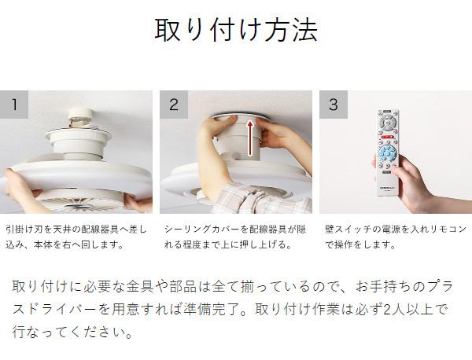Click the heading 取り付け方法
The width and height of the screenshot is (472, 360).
click(x=236, y=30)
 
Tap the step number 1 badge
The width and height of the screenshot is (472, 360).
click(x=14, y=105)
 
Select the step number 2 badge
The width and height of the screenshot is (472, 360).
click(x=174, y=105)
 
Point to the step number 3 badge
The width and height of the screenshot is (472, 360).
click(x=334, y=105)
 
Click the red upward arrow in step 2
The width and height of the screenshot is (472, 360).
click(x=250, y=138)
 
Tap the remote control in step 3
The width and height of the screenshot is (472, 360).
click(x=388, y=152)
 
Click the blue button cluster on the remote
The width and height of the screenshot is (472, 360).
click(x=388, y=153)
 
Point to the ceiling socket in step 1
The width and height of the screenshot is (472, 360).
click(x=80, y=118)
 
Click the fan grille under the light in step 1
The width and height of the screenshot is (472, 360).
click(x=79, y=201)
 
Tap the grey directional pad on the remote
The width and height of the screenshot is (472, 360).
click(x=387, y=123)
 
